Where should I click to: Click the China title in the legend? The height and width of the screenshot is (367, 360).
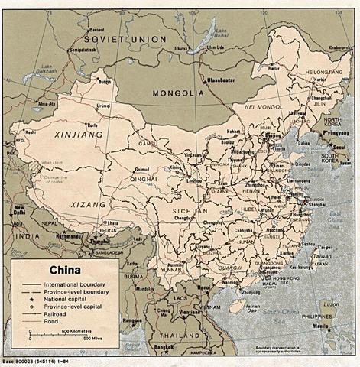66,269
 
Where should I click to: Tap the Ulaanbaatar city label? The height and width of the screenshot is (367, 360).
219,78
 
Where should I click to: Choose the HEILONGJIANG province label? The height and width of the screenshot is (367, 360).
315,71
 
